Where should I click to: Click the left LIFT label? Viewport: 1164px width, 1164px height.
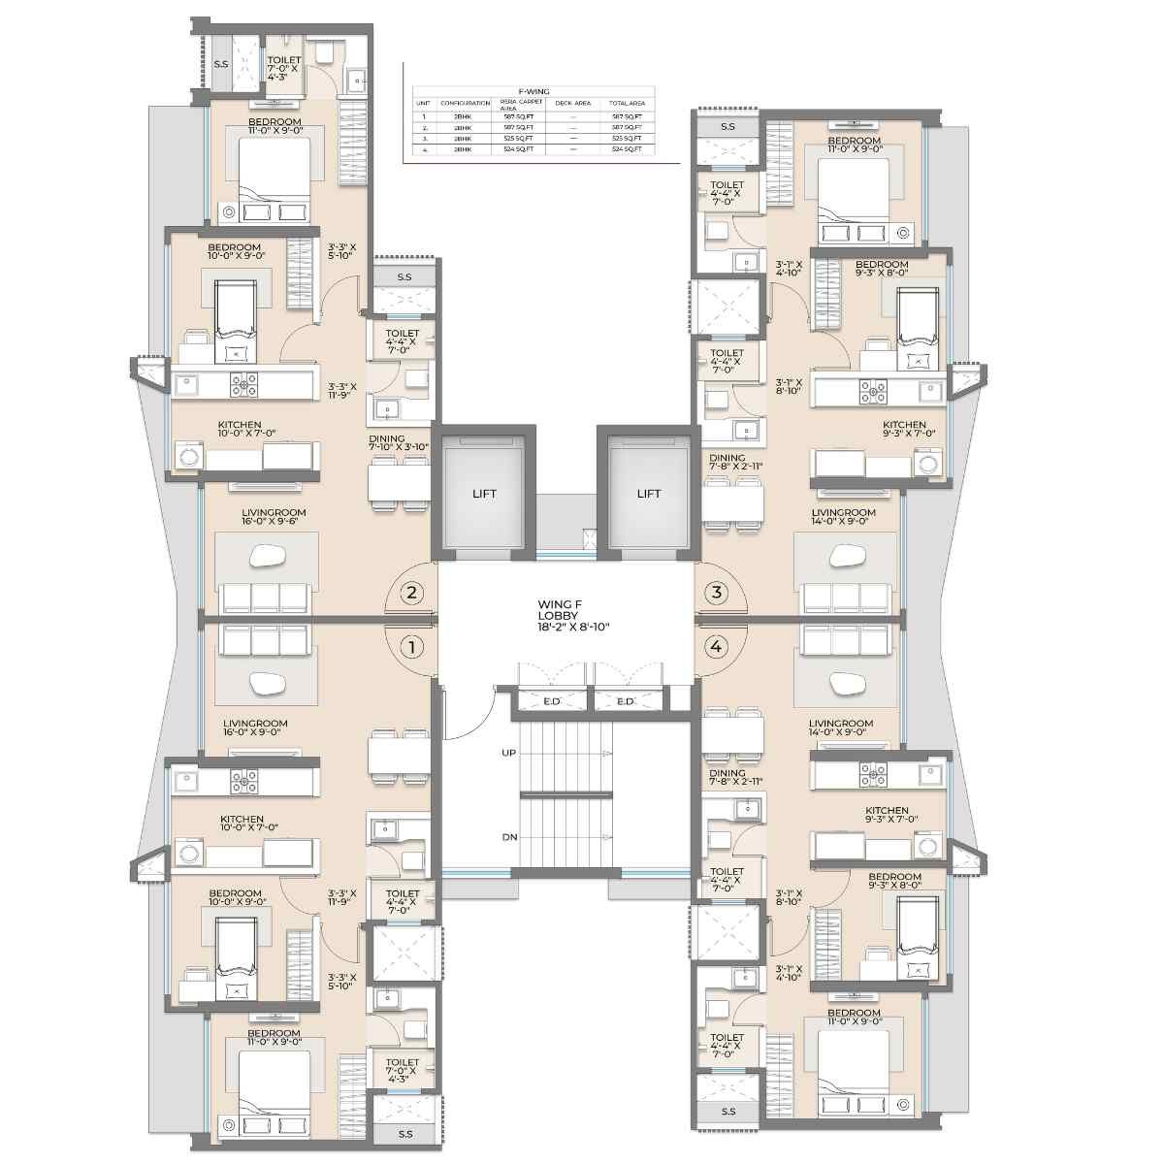pos(484,494)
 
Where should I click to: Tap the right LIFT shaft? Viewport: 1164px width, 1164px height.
pos(648,493)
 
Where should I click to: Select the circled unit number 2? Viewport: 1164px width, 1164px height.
pos(412,593)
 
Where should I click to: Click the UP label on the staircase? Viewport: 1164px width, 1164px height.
pos(508,753)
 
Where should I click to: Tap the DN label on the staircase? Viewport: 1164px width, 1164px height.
pos(508,837)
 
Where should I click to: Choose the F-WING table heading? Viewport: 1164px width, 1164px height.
pos(533,92)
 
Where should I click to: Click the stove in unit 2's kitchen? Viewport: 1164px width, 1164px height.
pos(243,385)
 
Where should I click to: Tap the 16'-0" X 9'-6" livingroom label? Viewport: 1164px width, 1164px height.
pos(275,517)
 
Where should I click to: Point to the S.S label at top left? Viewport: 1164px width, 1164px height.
pos(221,65)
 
